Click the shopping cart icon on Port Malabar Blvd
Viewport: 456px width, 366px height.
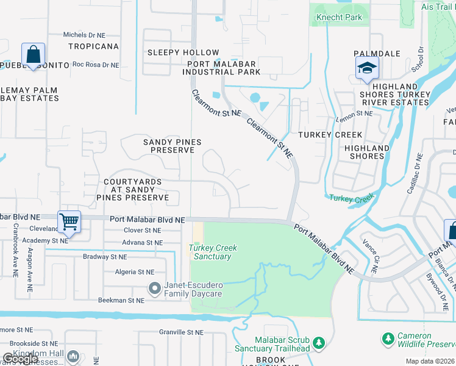tap(69, 222)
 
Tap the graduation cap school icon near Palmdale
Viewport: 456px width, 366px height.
tap(367, 68)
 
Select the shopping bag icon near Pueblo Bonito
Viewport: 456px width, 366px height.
tap(32, 54)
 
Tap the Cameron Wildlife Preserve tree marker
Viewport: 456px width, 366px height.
tap(387, 338)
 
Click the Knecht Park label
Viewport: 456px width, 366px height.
tap(339, 18)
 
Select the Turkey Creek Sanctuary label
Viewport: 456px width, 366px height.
tap(213, 252)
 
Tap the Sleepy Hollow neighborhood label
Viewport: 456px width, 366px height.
tap(183, 53)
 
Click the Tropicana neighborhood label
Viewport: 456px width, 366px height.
tap(93, 46)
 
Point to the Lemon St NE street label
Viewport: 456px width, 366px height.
tap(354, 113)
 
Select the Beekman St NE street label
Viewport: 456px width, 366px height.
tap(122, 300)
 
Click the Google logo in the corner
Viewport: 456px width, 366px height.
tap(21, 359)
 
